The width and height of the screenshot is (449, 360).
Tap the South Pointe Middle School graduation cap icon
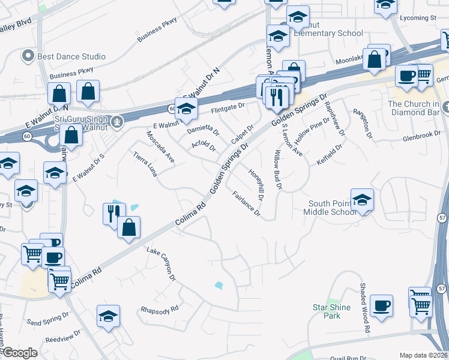tap(363, 200)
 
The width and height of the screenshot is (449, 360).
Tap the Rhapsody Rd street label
tap(159, 310)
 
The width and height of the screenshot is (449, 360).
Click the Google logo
tap(20, 353)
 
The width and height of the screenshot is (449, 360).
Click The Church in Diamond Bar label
tap(415, 107)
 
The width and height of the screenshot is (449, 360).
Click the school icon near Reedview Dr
tap(108, 316)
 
